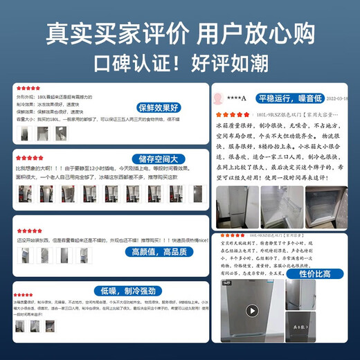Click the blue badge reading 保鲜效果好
click(x=159, y=108)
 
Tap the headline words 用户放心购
click(x=255, y=33)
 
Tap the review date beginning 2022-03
click(x=335, y=98)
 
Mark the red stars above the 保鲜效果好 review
click(x=28, y=89)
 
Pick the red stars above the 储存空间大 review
click(x=28, y=157)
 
